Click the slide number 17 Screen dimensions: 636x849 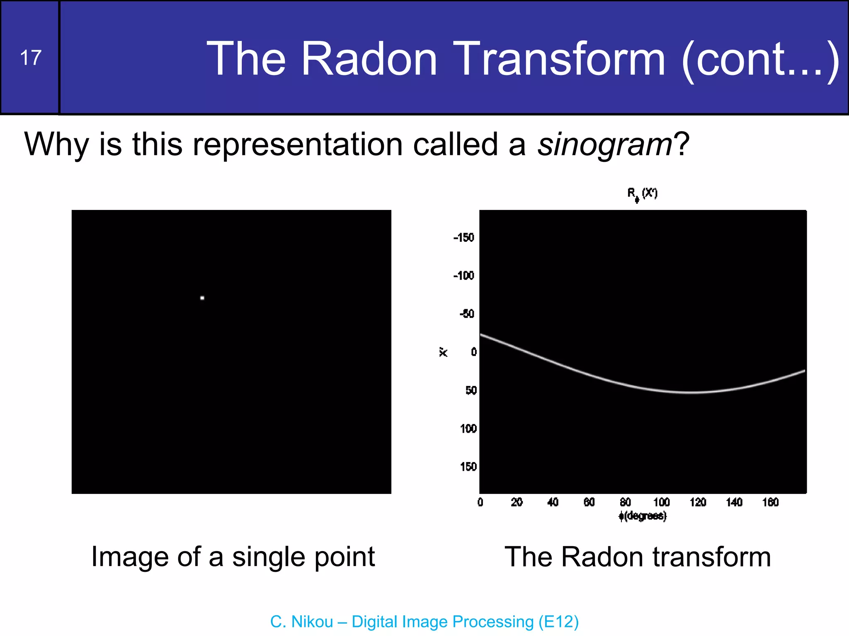(31, 58)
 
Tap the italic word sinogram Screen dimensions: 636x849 (604, 145)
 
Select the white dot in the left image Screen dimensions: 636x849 (202, 298)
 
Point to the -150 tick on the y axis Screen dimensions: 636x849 (463, 238)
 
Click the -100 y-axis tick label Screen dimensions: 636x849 (463, 276)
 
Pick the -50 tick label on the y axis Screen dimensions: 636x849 (467, 314)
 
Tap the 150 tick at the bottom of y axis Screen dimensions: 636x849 (468, 467)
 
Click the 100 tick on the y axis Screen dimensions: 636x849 (468, 429)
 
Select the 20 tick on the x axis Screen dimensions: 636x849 (517, 502)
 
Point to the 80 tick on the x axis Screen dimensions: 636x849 (625, 502)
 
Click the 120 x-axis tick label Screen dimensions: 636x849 (698, 502)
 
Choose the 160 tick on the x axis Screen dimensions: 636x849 (770, 502)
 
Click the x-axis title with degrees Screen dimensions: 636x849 (643, 516)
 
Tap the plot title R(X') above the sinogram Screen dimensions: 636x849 (642, 194)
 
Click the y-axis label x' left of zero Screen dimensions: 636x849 (443, 352)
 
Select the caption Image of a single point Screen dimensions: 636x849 (233, 557)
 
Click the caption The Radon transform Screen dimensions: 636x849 (638, 557)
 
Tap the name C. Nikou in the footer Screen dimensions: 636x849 (301, 622)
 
